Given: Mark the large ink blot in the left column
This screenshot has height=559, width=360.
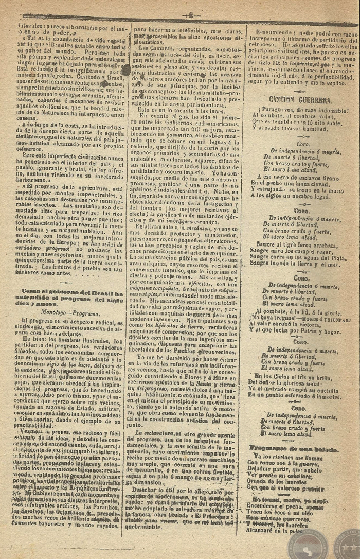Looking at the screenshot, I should tap(124, 70).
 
